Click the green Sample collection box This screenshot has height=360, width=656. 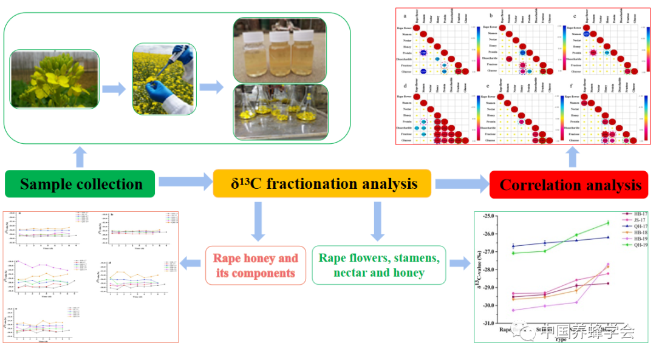81,184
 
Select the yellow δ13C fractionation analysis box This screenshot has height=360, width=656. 322,183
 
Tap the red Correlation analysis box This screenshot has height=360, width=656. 570,184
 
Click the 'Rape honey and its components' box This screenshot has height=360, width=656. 255,265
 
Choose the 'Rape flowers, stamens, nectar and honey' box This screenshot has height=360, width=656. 379,265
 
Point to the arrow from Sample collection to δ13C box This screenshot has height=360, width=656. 182,181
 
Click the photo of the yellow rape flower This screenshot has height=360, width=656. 54,82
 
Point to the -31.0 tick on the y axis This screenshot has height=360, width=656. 488,323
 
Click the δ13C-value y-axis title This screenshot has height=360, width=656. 479,269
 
